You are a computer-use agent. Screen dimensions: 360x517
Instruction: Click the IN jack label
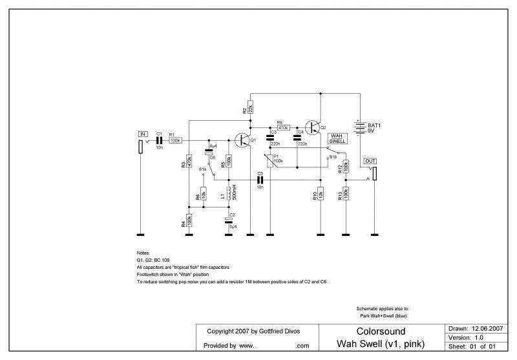tap(143, 133)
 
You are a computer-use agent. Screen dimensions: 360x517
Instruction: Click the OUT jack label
tap(370, 160)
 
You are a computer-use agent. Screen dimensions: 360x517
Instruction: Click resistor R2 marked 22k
tap(251, 107)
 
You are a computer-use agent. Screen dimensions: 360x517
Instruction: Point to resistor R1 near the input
tap(175, 140)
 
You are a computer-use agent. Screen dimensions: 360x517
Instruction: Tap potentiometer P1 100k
tap(270, 160)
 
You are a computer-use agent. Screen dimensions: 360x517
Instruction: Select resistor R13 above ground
tap(346, 193)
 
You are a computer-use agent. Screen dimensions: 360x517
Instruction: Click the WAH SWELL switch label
tap(339, 138)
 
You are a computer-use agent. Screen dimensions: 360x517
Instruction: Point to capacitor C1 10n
tap(159, 140)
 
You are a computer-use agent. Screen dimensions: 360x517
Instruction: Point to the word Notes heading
tap(143, 252)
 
